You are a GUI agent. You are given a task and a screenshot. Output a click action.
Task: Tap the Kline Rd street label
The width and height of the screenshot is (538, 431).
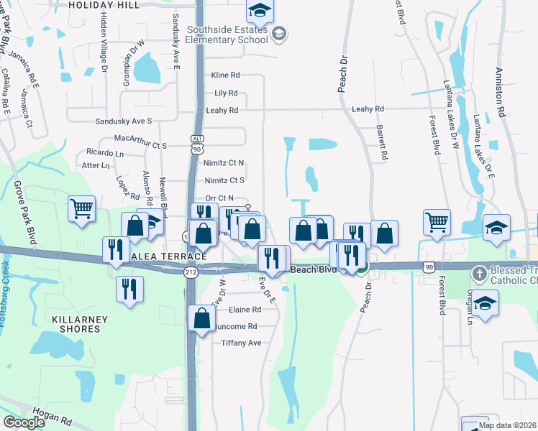point(224,75)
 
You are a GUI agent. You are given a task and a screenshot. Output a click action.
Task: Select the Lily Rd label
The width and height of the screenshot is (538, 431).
point(226,93)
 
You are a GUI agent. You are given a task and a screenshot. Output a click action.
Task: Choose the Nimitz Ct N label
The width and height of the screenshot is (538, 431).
point(224,163)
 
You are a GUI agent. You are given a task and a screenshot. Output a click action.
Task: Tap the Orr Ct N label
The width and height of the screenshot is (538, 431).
point(219,198)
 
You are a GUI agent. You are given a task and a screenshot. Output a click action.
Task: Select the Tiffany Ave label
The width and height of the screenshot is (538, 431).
point(241,343)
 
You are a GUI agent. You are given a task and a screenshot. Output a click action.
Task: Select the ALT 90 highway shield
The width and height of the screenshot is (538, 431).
point(198,143)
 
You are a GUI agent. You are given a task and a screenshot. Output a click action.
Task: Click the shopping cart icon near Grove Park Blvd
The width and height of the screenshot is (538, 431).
point(82,209)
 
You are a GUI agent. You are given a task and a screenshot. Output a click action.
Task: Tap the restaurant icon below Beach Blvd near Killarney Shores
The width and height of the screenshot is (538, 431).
point(129,289)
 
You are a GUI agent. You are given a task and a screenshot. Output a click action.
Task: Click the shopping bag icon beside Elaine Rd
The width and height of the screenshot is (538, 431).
point(203,317)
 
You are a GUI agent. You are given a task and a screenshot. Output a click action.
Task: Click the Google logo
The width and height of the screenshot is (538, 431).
point(24,422)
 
